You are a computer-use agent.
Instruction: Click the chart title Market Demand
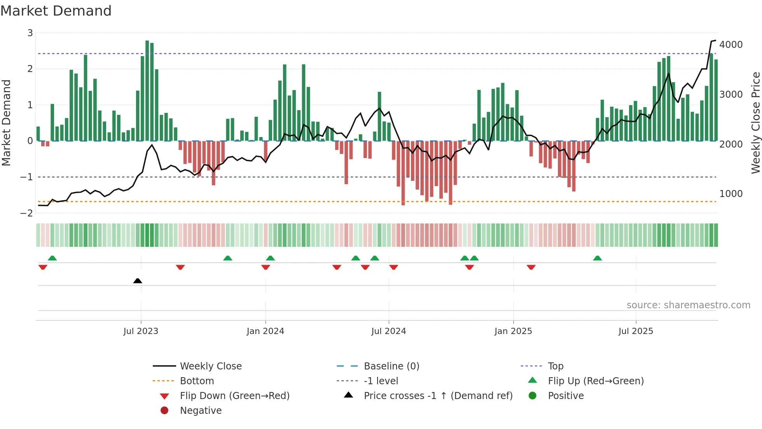(x=56, y=11)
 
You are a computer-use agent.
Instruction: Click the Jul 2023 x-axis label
(x=141, y=331)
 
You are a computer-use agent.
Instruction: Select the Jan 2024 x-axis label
(x=266, y=331)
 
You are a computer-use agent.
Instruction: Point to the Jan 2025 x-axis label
(x=513, y=331)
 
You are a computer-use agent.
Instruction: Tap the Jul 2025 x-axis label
(x=636, y=331)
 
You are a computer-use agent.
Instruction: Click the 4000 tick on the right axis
(x=731, y=45)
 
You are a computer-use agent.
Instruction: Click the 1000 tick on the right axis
(x=731, y=194)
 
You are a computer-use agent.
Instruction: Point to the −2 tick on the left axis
(x=27, y=213)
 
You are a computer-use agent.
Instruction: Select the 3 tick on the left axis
(x=30, y=33)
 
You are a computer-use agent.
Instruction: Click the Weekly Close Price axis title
(x=755, y=123)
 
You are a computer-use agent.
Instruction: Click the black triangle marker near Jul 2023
(x=138, y=281)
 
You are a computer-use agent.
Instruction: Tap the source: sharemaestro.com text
(x=688, y=305)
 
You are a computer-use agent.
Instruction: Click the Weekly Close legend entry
(x=210, y=366)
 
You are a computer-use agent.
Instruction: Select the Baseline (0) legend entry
(x=391, y=366)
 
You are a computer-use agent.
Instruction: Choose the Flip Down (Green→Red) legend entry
(x=234, y=396)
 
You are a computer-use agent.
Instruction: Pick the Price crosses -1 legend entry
(x=438, y=396)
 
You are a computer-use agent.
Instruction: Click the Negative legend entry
(x=201, y=411)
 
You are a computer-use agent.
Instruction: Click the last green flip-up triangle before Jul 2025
(x=598, y=258)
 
